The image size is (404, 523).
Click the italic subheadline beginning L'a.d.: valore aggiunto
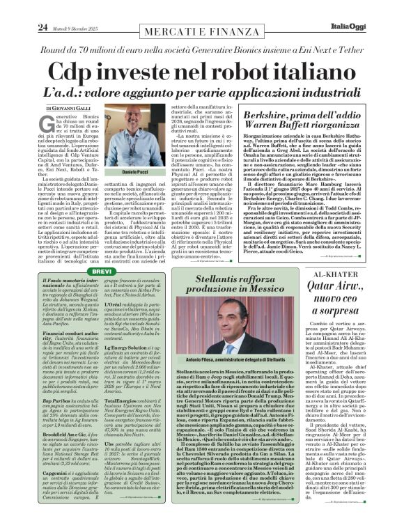(x=201, y=93)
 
